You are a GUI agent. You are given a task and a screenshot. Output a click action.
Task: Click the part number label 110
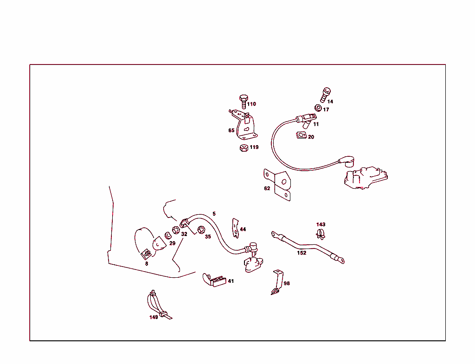pos(251,104)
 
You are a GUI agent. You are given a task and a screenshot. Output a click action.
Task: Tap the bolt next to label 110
pos(244,102)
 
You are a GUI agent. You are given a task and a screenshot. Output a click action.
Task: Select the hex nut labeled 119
pos(244,148)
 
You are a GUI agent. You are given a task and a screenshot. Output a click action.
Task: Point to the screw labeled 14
pos(325,95)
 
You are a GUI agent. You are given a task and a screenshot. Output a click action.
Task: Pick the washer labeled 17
pos(318,108)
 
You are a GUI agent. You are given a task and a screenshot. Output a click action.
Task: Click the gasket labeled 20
pos(301,135)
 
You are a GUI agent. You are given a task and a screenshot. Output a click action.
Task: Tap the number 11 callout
pos(316,124)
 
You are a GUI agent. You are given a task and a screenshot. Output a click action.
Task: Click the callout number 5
pos(214,214)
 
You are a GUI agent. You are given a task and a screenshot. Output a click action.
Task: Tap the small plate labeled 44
pos(235,228)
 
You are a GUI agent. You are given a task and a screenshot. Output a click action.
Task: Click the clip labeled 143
pos(320,234)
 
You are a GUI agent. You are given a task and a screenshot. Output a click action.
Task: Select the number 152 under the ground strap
pos(302,253)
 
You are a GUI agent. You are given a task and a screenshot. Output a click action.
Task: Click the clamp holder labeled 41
pos(214,280)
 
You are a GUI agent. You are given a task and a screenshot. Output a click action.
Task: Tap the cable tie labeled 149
pos(159,305)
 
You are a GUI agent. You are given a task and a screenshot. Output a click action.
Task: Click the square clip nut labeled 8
pos(146,255)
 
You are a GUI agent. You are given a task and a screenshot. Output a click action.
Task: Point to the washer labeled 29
pos(168,235)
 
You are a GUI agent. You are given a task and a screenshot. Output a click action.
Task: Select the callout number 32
pos(184,234)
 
